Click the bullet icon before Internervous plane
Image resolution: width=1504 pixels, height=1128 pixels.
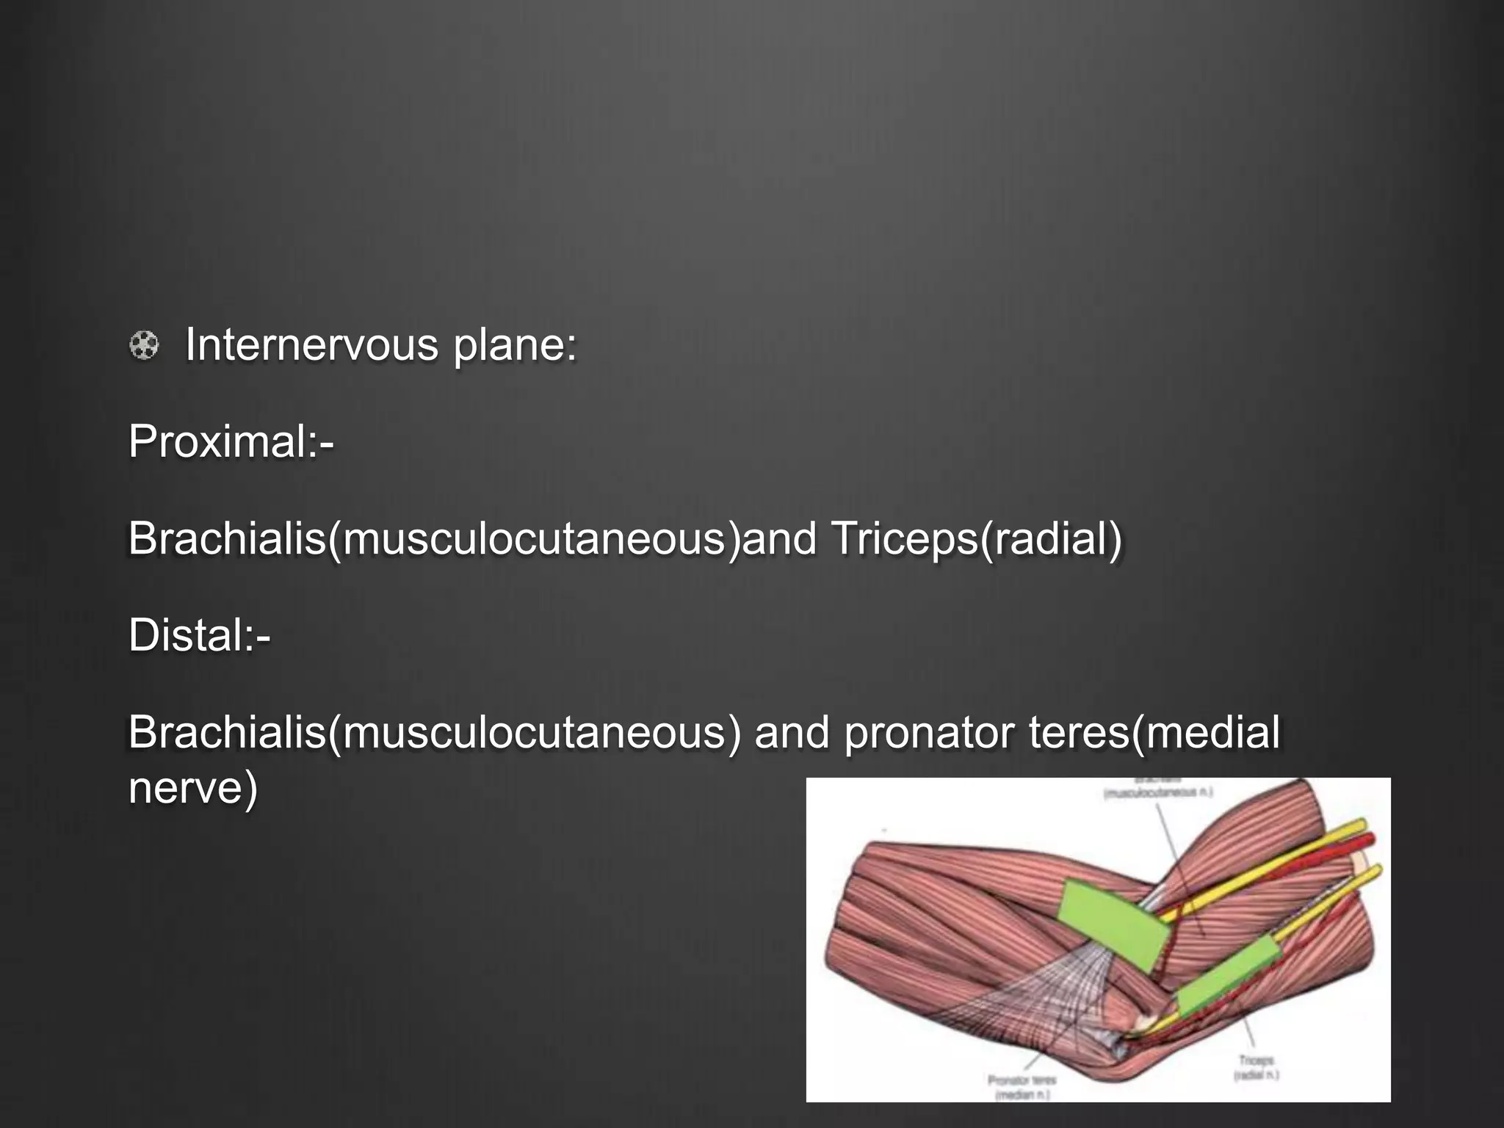point(144,345)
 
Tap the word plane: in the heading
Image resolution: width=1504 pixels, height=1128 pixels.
point(515,345)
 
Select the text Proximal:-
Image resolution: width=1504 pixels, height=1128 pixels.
point(231,442)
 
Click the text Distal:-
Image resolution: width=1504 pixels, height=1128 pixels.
point(199,635)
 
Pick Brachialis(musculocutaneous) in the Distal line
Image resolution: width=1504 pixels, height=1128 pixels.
point(434,733)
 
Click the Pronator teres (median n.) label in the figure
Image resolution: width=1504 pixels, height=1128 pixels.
point(1022,1087)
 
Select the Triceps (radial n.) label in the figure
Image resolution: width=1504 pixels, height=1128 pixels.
point(1257,1067)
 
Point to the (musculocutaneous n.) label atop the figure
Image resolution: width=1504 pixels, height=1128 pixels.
point(1158,792)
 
